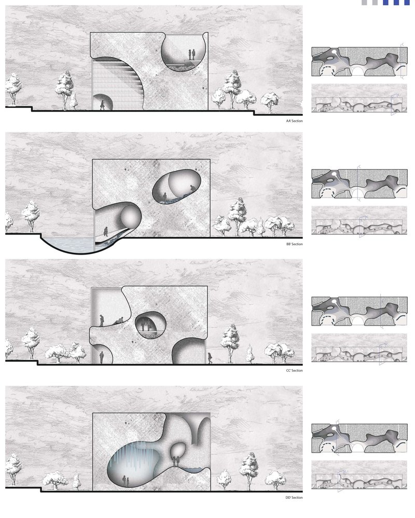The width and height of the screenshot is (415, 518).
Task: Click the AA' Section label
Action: (x=294, y=121)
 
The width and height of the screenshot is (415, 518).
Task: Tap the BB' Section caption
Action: (x=295, y=244)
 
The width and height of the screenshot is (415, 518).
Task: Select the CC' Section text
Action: (x=294, y=370)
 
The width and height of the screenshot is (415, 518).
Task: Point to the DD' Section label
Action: (x=294, y=497)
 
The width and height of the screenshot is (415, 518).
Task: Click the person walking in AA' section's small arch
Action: (x=102, y=105)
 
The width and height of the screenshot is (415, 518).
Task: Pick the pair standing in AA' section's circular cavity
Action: (x=191, y=54)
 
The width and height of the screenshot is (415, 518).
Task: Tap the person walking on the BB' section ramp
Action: (x=106, y=231)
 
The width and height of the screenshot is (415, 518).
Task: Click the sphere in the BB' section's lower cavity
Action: (x=131, y=217)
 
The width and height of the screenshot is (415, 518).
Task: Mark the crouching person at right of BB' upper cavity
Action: (x=192, y=188)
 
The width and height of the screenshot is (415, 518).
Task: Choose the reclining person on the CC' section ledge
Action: (x=119, y=320)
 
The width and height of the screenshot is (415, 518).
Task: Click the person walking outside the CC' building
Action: (x=210, y=358)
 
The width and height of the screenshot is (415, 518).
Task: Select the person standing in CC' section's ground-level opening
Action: (x=102, y=357)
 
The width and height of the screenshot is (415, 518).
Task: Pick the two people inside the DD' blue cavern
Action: (x=126, y=481)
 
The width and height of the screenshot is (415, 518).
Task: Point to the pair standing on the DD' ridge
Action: (x=176, y=461)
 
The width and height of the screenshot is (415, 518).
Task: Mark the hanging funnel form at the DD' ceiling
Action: (x=198, y=427)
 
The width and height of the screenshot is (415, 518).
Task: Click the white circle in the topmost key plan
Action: (x=335, y=52)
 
